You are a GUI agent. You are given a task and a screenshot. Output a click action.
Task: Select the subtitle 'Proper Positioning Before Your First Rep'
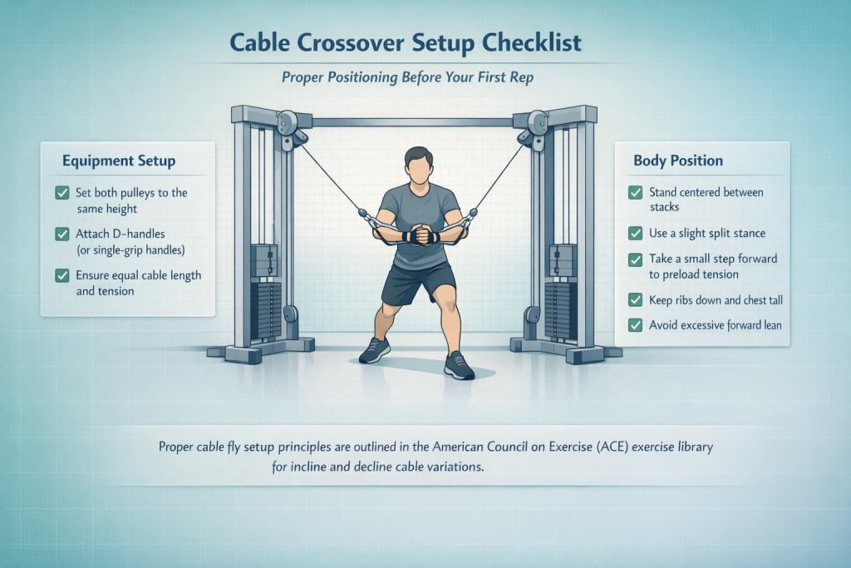pyautogui.click(x=425, y=77)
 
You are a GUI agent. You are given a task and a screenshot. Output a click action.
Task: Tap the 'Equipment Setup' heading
pyautogui.click(x=119, y=161)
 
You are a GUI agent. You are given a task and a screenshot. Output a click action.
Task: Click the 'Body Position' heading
pyautogui.click(x=678, y=161)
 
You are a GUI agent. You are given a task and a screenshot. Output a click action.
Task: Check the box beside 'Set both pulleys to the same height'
pyautogui.click(x=61, y=193)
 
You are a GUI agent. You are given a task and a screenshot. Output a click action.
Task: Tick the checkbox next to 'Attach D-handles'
pyautogui.click(x=61, y=235)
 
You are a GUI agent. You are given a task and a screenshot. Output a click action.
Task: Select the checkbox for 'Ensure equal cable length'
pyautogui.click(x=61, y=275)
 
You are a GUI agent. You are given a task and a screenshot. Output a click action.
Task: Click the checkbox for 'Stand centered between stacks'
pyautogui.click(x=636, y=192)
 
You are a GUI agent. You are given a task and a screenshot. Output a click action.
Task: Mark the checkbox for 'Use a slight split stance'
pyautogui.click(x=636, y=233)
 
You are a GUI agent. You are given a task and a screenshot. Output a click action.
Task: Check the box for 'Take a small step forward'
pyautogui.click(x=636, y=259)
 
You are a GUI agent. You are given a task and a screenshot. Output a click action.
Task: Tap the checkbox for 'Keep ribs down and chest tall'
pyautogui.click(x=636, y=299)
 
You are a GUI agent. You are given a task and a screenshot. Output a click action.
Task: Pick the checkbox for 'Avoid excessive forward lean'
pyautogui.click(x=636, y=325)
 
